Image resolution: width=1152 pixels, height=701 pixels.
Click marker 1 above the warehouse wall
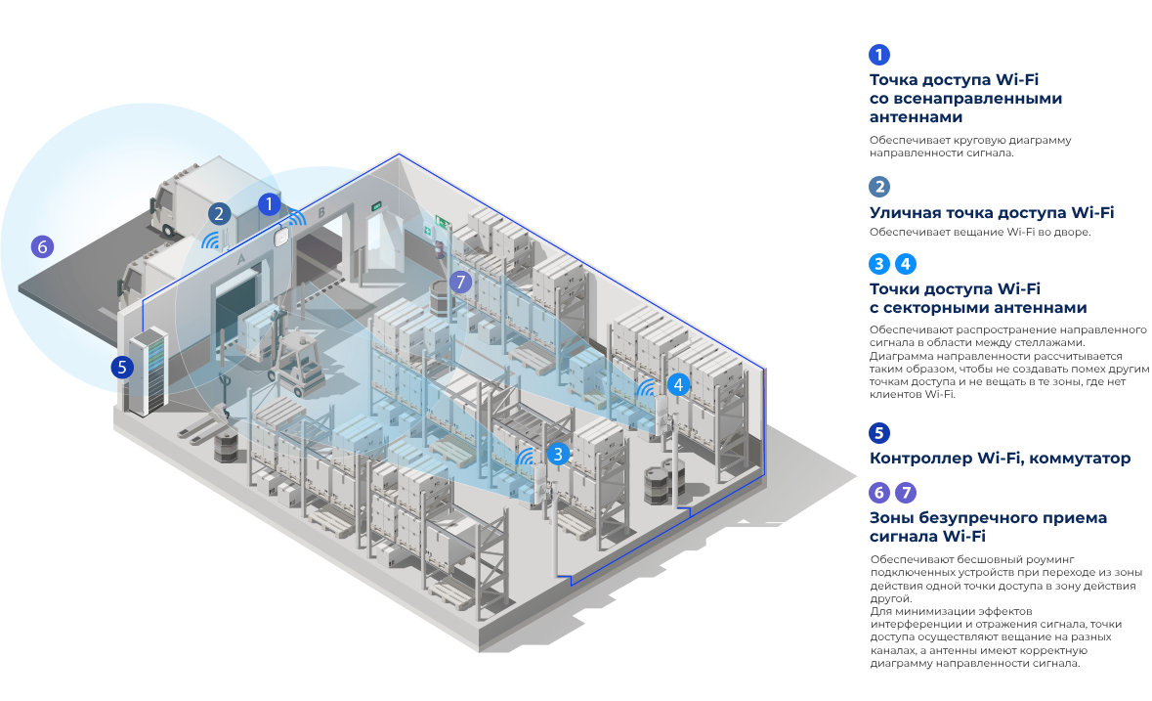point(269,203)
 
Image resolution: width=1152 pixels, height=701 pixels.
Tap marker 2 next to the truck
point(219,213)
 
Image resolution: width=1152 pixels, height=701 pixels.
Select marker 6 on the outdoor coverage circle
point(42,246)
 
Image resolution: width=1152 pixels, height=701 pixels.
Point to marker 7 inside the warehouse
point(461,283)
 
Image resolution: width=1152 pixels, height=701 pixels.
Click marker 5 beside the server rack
point(121,368)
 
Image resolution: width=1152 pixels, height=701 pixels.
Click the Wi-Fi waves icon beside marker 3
point(528,456)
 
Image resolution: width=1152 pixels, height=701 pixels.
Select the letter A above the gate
point(240,258)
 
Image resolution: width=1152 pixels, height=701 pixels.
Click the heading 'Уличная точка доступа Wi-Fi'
point(992,212)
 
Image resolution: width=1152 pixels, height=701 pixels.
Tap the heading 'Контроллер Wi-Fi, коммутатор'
point(1000,458)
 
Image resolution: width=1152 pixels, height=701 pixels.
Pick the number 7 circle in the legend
point(906,493)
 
